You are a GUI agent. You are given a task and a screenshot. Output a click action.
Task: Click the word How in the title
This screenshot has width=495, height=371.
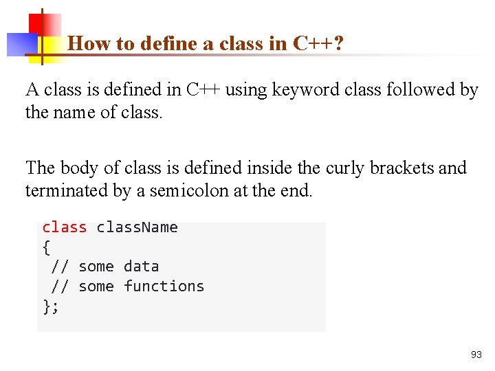85,44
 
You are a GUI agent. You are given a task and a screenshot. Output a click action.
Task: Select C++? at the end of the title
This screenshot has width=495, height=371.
318,44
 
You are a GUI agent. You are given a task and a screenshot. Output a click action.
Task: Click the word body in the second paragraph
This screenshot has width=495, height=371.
78,168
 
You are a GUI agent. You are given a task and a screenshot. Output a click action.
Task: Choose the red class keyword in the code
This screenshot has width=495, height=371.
64,227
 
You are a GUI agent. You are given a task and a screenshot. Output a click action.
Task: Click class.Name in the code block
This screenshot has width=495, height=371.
137,227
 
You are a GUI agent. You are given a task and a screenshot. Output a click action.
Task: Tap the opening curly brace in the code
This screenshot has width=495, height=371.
46,247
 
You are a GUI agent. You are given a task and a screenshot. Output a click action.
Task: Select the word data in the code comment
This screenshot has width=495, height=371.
141,267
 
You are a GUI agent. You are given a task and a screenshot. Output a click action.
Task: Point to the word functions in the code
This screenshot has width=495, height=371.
164,286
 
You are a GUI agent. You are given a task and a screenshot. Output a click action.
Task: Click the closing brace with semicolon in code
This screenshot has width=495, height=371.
51,306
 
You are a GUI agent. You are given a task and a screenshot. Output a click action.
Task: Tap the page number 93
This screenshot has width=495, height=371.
476,355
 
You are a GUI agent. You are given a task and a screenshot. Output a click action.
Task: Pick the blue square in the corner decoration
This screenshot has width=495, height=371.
21,44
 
